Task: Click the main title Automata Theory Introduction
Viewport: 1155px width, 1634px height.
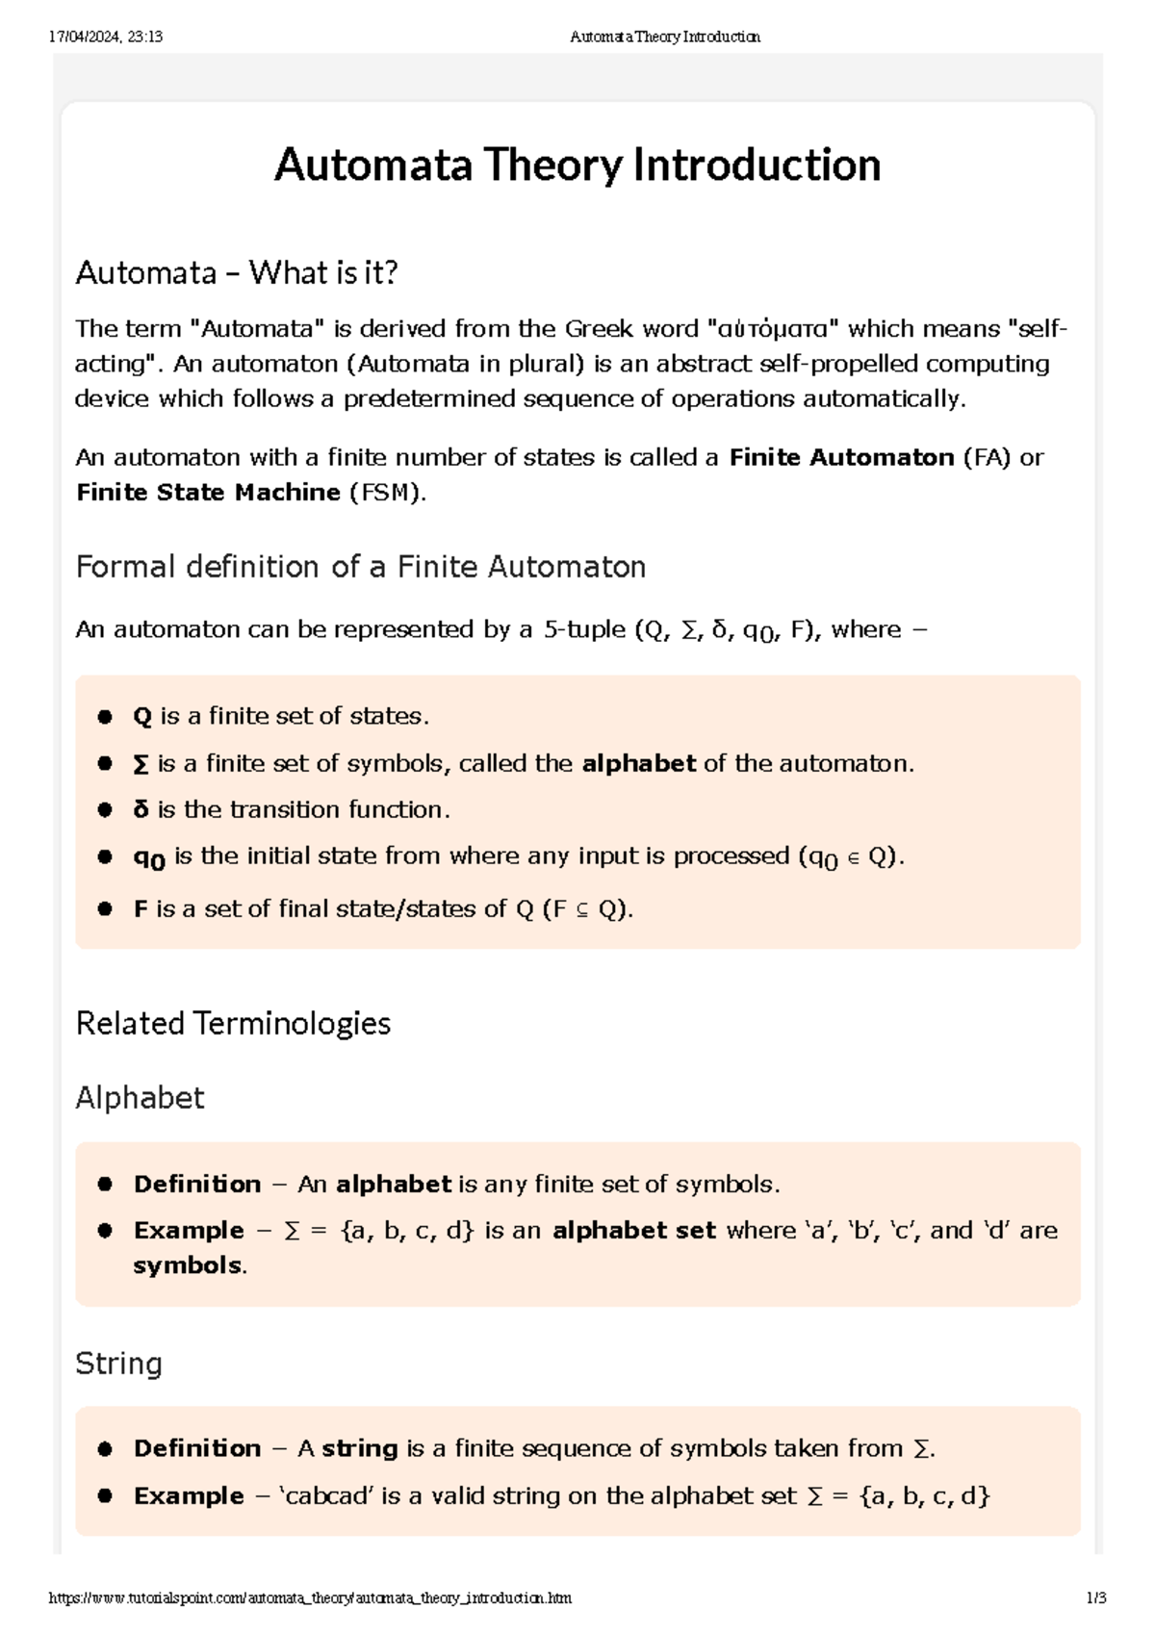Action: tap(577, 165)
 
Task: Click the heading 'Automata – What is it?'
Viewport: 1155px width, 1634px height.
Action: tap(236, 273)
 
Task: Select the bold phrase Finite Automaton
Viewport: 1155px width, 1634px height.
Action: tap(841, 457)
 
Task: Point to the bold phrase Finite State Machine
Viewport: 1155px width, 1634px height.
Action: tap(208, 493)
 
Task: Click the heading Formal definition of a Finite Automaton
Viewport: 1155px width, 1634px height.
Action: tap(360, 567)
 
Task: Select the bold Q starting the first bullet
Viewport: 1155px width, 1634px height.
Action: tap(142, 717)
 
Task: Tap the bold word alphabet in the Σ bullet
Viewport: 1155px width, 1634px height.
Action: tap(638, 764)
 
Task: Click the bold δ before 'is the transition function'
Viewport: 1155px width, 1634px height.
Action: tap(141, 809)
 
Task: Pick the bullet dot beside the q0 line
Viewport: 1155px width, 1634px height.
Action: tap(105, 856)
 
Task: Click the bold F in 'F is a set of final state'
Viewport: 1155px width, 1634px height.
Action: tap(141, 909)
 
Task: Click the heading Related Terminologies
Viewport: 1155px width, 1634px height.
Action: tap(233, 1023)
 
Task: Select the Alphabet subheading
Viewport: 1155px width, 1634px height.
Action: tap(140, 1098)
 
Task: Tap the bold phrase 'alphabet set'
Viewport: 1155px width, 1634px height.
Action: tap(633, 1231)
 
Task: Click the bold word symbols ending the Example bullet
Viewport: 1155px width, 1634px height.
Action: tap(188, 1265)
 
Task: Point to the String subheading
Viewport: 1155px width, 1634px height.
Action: tap(118, 1364)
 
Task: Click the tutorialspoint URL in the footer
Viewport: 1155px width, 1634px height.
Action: tap(310, 1598)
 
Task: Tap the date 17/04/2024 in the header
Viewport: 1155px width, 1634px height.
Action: tap(85, 38)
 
